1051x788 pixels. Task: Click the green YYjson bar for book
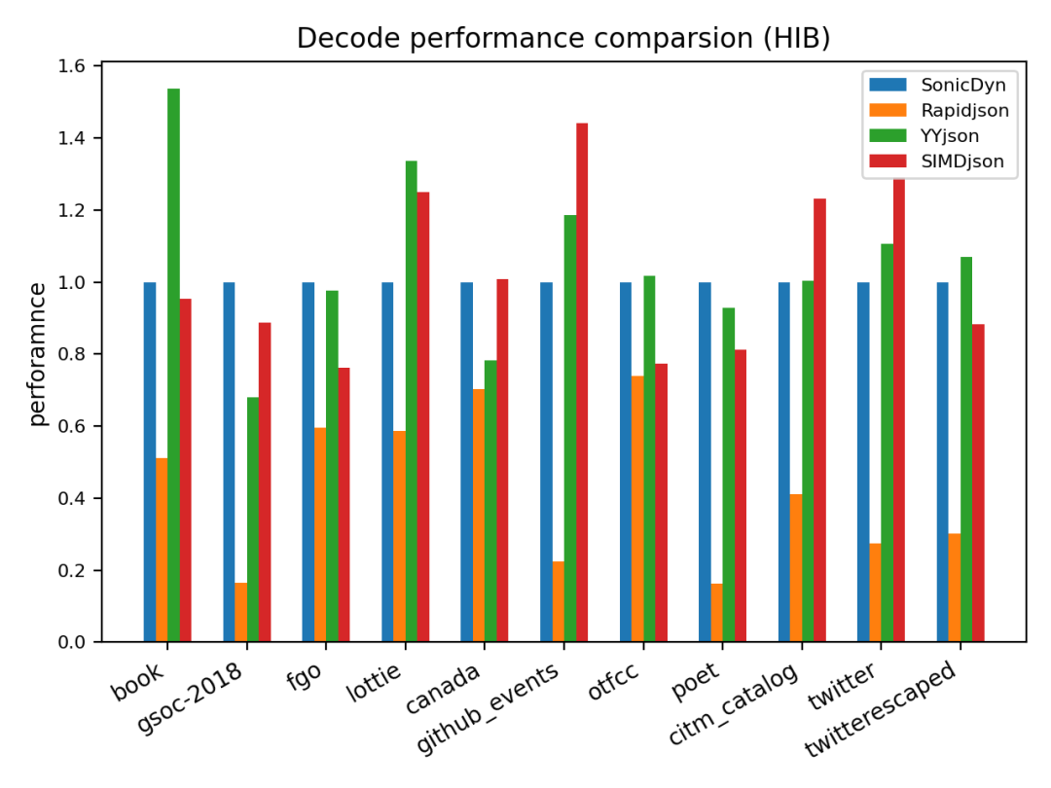tap(173, 365)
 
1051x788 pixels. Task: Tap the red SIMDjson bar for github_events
tap(582, 382)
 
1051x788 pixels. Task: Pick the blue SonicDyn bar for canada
tap(466, 462)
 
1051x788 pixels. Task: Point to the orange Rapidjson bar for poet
tap(717, 613)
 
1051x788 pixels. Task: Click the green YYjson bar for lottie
tap(411, 402)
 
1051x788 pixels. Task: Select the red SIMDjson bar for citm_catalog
tap(819, 420)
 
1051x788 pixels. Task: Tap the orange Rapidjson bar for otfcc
tap(637, 509)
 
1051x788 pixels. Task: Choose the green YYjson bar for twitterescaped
tap(966, 449)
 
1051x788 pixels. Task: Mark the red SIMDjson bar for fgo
tap(344, 505)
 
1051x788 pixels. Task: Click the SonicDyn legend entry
tap(938, 85)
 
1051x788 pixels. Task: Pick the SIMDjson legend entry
tap(937, 161)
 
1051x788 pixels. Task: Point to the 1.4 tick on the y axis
tap(98, 138)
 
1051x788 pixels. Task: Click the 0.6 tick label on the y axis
tap(72, 426)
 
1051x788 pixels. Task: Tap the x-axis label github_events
tap(488, 707)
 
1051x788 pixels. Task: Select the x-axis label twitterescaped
tap(880, 709)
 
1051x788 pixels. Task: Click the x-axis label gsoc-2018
tap(189, 698)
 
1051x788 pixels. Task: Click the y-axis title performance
tap(38, 354)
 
